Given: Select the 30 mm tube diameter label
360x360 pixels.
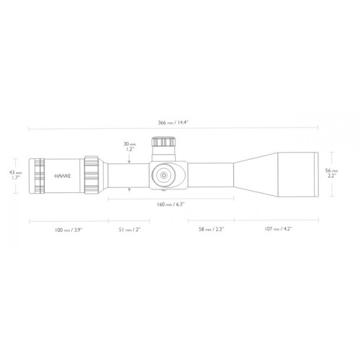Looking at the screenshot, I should (x=130, y=148).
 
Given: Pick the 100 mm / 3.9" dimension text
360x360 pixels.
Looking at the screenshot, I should (x=68, y=230).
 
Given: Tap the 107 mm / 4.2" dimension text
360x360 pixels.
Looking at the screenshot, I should (x=276, y=230).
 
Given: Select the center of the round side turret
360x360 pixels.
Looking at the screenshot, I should (x=163, y=174).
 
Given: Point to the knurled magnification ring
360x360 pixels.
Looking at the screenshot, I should (x=91, y=174).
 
